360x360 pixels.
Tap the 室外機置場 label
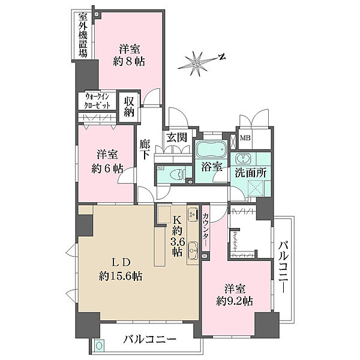83,35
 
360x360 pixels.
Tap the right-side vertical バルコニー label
284,267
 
